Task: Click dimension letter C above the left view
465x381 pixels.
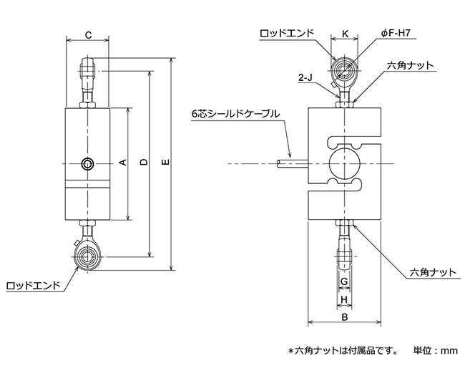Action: (88, 35)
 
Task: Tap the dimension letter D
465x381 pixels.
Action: (144, 162)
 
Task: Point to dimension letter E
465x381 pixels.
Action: (166, 162)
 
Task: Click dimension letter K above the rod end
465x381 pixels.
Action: (346, 34)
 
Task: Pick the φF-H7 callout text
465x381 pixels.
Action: (396, 33)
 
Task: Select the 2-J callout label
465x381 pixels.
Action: (305, 78)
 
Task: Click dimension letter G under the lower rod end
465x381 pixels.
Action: (344, 281)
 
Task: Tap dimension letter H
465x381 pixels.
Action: (344, 299)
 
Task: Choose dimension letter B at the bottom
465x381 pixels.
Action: (344, 317)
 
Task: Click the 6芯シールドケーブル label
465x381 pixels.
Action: (235, 114)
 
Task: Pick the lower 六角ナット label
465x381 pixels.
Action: (432, 272)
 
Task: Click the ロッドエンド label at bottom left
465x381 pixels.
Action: (33, 286)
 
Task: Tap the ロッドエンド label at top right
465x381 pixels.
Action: (287, 33)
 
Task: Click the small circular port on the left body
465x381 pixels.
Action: (88, 163)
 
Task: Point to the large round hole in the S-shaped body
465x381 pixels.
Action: (344, 163)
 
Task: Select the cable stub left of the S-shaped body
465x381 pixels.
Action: (293, 163)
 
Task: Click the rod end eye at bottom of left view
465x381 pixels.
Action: (87, 256)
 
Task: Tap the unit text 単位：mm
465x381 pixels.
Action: (436, 350)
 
